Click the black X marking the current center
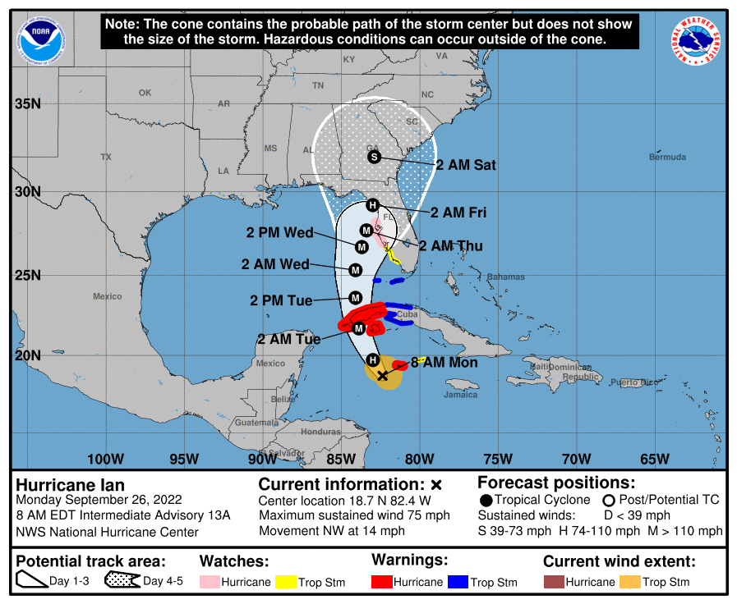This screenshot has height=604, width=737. pos(382,376)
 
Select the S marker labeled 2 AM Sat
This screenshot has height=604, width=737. pos(374,157)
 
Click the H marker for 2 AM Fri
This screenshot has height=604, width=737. pos(372,205)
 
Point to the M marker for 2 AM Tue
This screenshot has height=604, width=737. pos(359,328)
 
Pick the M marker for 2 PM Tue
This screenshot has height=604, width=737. pos(356,297)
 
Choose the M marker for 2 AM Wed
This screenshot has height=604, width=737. pos(356,269)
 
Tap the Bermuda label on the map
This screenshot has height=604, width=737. pos(666,157)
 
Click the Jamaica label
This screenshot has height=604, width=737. pos(460,395)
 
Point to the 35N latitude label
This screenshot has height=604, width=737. pos(27,104)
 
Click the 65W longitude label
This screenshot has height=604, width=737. pos(654,459)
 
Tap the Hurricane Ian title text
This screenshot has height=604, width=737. pos(71,485)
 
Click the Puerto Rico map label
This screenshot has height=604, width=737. pos(634,382)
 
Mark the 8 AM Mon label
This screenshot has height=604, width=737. pos(445,362)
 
